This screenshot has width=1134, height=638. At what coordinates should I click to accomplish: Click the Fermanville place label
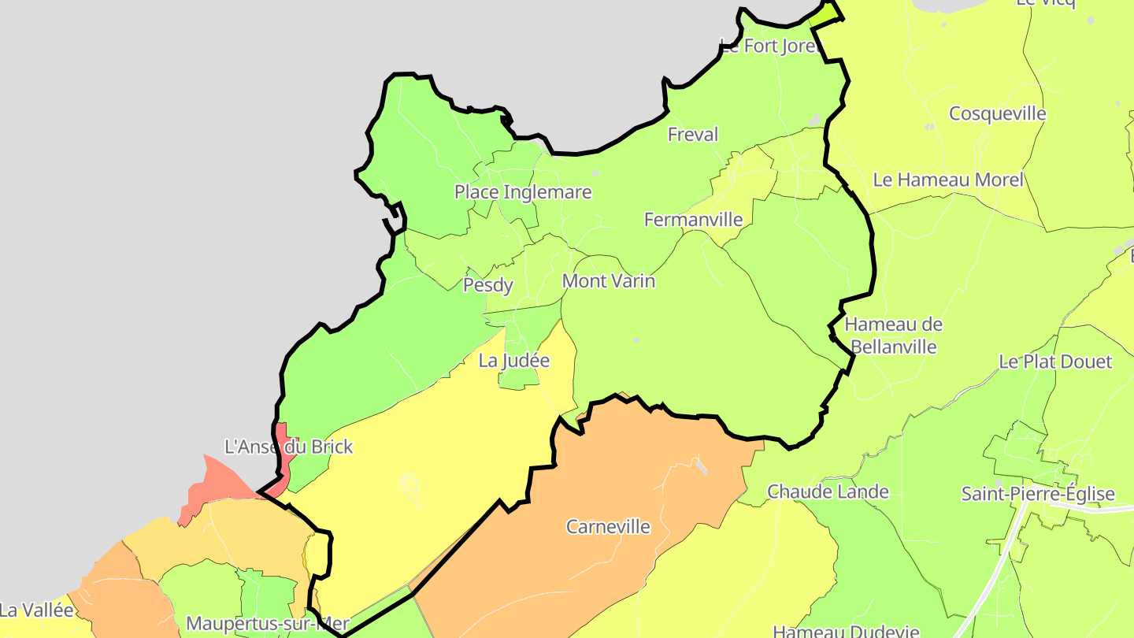point(693,220)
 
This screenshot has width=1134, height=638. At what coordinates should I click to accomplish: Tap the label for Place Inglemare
point(523,192)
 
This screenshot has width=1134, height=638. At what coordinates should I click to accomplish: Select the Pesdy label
point(488,285)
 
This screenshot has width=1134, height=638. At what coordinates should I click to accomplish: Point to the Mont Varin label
point(609,281)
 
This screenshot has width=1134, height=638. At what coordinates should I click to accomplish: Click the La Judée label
point(514,361)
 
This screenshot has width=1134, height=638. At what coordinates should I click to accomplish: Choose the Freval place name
point(693,135)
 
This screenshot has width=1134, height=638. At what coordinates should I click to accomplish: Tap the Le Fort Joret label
point(770,46)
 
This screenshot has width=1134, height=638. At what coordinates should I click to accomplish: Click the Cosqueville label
point(998,113)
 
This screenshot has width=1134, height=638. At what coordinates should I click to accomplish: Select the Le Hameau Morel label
point(948,180)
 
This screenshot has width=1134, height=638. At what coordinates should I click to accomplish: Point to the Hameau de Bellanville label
point(894,336)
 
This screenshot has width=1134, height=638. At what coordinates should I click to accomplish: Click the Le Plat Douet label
point(1055,362)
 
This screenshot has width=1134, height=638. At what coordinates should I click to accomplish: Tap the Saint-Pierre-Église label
point(1038,494)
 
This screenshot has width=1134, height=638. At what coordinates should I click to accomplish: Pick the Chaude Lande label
point(828,491)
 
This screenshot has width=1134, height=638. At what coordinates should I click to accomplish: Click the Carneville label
point(609,526)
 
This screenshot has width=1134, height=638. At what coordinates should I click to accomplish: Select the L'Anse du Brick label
point(289,447)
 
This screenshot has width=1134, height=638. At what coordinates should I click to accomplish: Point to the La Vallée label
point(36,610)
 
